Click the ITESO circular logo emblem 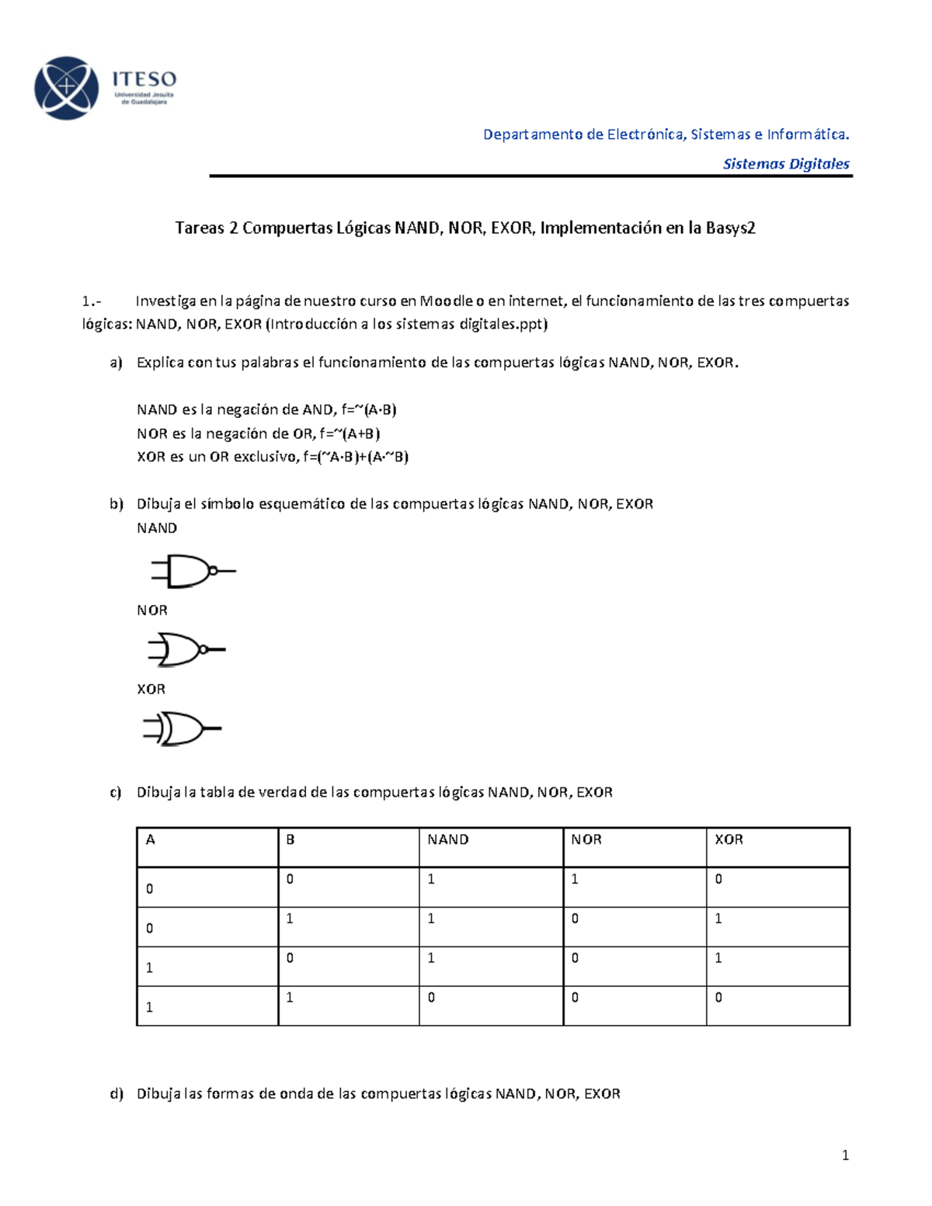pos(67,88)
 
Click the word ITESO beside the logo pos(144,79)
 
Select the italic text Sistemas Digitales pos(785,164)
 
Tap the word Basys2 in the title pos(730,228)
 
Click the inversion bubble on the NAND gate pos(213,571)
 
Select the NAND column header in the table pos(448,839)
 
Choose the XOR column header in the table pos(729,839)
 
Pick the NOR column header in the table pos(586,839)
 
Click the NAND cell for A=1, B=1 pos(431,998)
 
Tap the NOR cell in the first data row pos(575,880)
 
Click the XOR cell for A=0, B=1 pos(718,919)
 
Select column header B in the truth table pos(290,839)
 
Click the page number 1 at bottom pos(845,1156)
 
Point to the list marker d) pos(116,1094)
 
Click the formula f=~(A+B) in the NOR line pos(349,433)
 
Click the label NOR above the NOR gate pos(152,610)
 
